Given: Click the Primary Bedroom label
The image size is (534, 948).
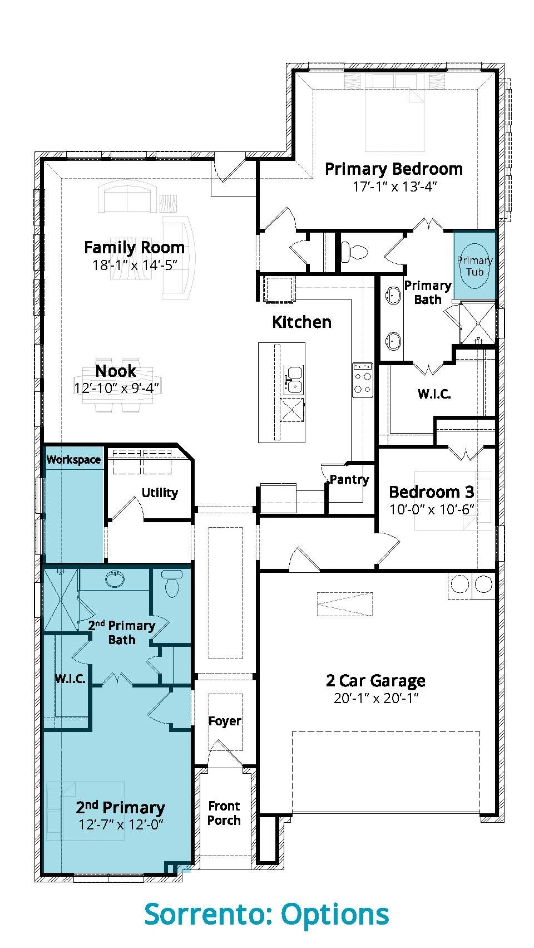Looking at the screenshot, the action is [x=394, y=169].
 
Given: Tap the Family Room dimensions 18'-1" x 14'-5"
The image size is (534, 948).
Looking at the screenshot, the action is [x=135, y=265].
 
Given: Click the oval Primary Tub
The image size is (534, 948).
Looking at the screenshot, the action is [x=474, y=266].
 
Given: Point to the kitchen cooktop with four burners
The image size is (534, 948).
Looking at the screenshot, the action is [x=363, y=380].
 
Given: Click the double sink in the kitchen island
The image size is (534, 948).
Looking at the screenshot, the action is [x=293, y=380].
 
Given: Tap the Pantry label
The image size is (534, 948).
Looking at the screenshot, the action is [x=349, y=479].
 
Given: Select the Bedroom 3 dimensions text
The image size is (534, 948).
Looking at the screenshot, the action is [x=431, y=509].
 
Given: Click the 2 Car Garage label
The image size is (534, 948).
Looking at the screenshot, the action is [x=375, y=681].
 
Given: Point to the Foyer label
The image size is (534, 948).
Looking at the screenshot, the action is [x=225, y=721].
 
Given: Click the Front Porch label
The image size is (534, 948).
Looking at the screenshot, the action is [x=224, y=813].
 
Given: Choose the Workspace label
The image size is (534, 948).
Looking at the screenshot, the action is [x=73, y=460].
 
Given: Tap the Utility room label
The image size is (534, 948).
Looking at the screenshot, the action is [x=160, y=493].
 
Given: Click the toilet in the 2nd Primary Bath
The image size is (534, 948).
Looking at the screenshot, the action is [x=172, y=583].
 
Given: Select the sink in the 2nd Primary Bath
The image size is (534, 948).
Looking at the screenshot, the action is [x=115, y=578].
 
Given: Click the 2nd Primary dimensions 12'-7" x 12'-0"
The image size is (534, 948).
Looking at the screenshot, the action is [x=121, y=824].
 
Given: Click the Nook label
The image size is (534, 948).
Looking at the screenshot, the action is [x=116, y=371].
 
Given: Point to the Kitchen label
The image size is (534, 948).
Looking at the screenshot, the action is [x=301, y=322].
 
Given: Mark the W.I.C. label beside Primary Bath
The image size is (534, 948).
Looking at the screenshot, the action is [x=434, y=394].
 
